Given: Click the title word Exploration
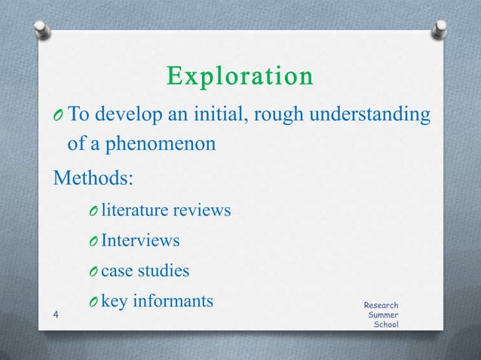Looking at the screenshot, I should pos(240,77).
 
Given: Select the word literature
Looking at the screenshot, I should pos(133,210).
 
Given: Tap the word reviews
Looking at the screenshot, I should pos(201,210).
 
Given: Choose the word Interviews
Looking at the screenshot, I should pos(140,240).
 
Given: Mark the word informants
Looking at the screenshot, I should pos(173,301).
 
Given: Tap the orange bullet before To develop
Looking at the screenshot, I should pos(60,115).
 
